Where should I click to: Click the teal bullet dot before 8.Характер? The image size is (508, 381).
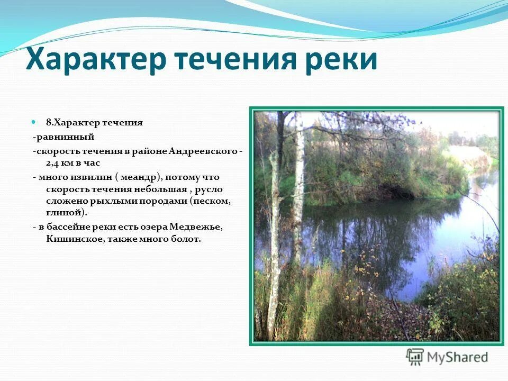click(x=33, y=122)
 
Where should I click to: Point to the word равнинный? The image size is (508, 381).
click(x=65, y=137)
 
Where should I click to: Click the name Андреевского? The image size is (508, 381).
click(x=204, y=151)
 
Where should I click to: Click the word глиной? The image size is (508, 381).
click(x=61, y=213)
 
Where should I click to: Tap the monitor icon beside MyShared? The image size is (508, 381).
click(x=415, y=357)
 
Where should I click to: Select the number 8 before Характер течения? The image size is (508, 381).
click(x=48, y=123)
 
